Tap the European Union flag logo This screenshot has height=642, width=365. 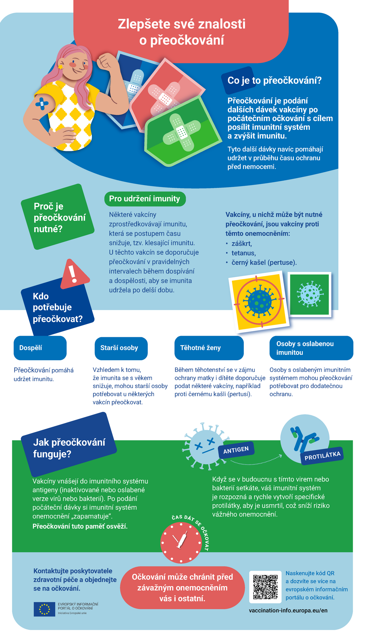(x=44, y=609)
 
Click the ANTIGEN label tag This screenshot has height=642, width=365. (x=236, y=450)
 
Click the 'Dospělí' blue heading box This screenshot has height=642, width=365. (x=40, y=348)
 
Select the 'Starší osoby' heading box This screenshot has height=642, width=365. (x=121, y=348)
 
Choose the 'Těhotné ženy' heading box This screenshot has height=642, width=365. (x=209, y=348)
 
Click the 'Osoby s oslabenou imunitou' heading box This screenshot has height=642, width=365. (x=311, y=348)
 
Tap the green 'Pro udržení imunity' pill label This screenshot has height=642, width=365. (x=145, y=199)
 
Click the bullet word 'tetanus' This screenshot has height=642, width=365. (x=244, y=253)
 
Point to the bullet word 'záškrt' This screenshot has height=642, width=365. (x=242, y=244)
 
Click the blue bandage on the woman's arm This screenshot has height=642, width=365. (x=42, y=103)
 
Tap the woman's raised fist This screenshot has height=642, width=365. (x=106, y=61)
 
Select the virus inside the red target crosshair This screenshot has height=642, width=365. (x=260, y=301)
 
